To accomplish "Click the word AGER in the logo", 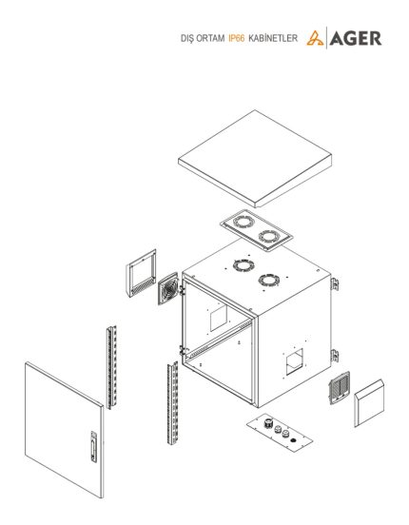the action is (x=356, y=38).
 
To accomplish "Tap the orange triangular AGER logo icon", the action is (x=315, y=38).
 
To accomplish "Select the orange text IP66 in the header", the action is (x=237, y=38).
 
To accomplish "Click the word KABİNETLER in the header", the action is (x=273, y=38).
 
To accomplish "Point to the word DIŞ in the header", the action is (x=187, y=38).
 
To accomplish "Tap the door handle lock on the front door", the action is (x=94, y=447).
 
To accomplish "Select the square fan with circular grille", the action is (x=168, y=288).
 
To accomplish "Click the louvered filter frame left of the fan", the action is (x=141, y=273).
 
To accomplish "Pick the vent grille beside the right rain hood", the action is (x=340, y=387).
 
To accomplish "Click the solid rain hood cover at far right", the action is (x=369, y=403).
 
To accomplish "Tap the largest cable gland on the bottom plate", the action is (x=267, y=421).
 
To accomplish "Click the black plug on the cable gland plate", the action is (x=294, y=440).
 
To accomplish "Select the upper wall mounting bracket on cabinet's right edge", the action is (x=335, y=284).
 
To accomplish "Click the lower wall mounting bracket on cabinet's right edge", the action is (x=335, y=356).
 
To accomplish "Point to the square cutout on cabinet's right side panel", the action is (x=295, y=361).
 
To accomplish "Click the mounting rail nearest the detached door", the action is (x=111, y=367).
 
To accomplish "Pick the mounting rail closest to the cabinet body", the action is (x=172, y=403).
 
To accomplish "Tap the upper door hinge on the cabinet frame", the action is (x=182, y=290).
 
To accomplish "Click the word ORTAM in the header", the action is (x=210, y=38).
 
